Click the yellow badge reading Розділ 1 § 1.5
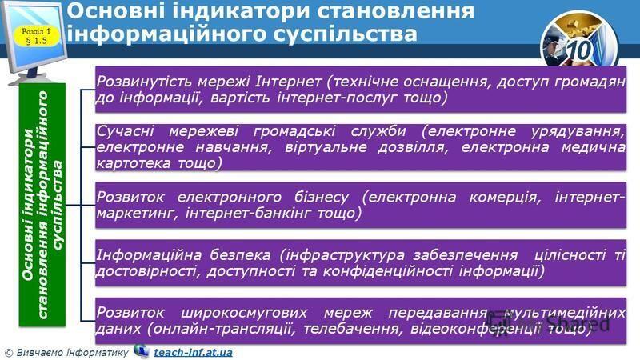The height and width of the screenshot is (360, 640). point(37,35)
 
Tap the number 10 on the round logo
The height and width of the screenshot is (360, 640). point(579,50)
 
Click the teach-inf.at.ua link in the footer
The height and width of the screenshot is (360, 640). point(193,352)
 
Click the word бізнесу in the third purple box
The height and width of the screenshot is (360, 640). point(322,197)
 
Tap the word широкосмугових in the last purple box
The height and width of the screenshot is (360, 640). point(244,313)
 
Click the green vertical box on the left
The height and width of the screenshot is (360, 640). point(42,205)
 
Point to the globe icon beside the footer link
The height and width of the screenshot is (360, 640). point(142,350)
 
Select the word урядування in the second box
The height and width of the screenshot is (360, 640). point(577,131)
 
